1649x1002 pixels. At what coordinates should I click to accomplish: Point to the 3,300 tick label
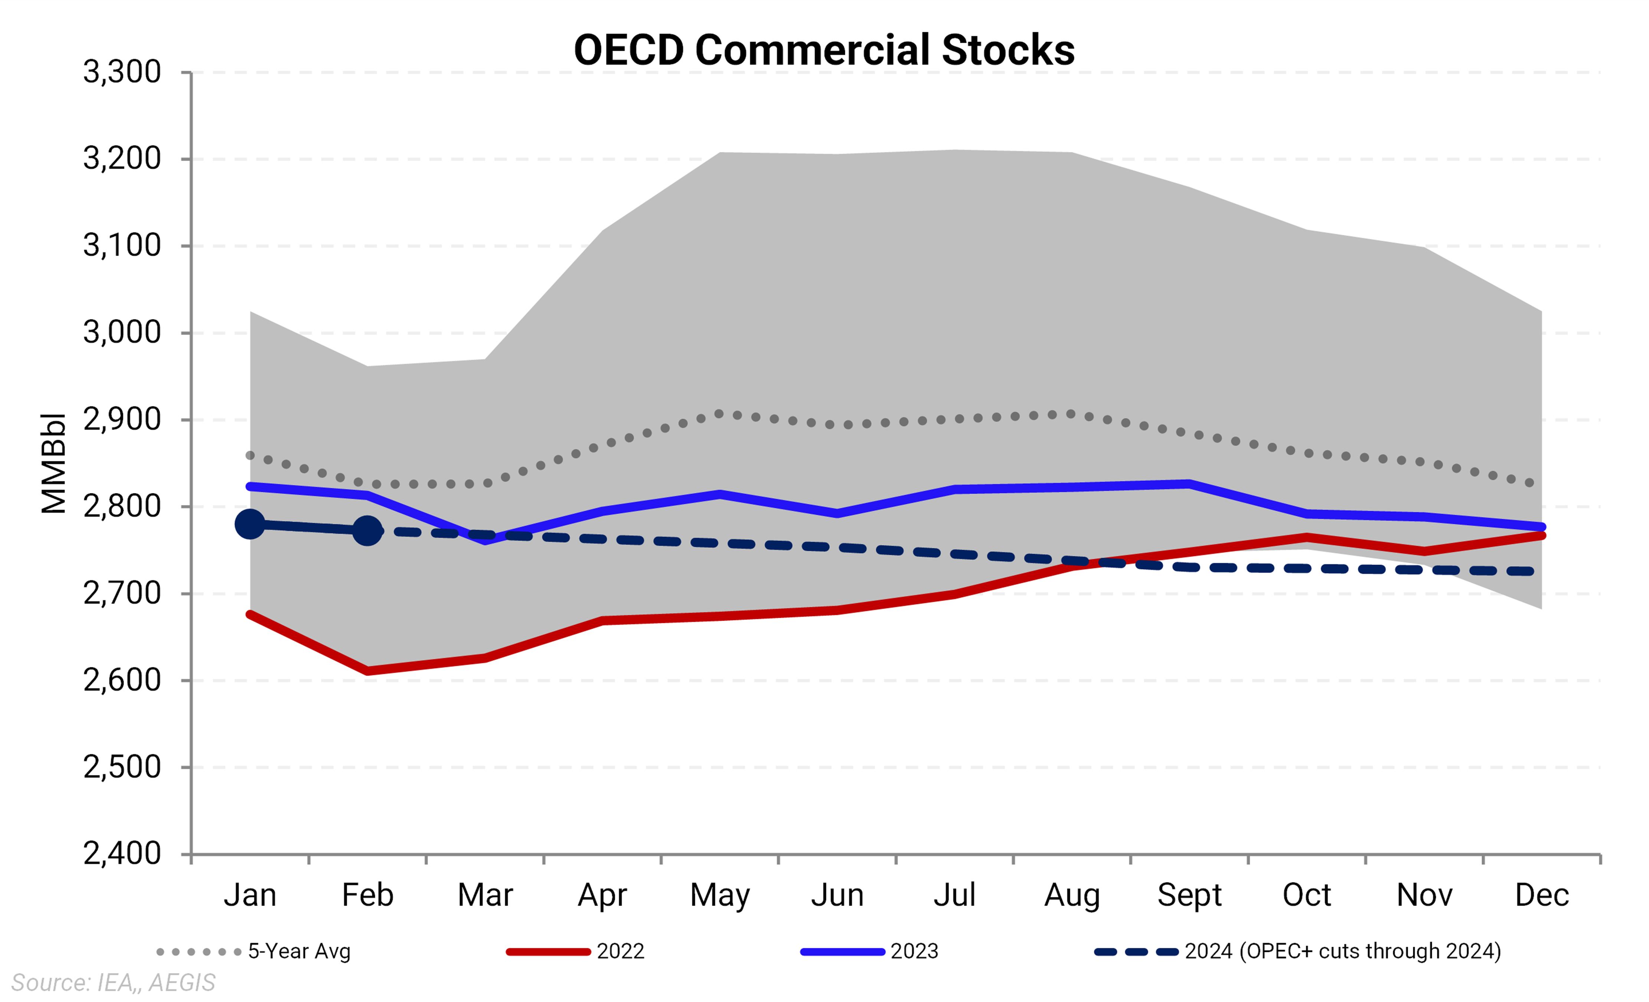tap(122, 72)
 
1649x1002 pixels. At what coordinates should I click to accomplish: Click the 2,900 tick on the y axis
tap(122, 420)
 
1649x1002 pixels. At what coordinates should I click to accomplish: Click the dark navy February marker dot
tap(367, 530)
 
